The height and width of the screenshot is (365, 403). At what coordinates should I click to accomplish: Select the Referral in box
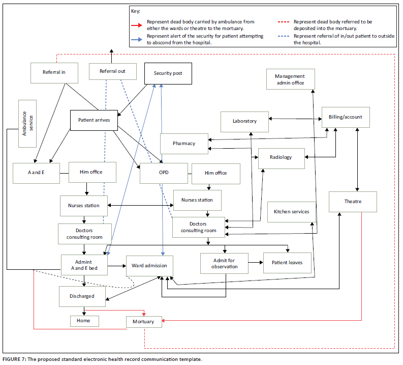pos(54,72)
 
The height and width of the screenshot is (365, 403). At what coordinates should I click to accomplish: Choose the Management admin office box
pos(290,79)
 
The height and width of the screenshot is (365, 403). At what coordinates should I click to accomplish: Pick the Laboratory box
pos(244,121)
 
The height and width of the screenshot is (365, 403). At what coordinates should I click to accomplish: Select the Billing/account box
pos(346,117)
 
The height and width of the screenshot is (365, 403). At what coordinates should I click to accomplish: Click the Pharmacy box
pos(183,144)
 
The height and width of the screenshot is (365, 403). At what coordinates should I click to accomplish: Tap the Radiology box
pos(281,157)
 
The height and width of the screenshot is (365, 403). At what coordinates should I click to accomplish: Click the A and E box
pos(36,172)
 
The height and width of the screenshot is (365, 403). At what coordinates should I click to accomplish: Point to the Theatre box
pos(352,202)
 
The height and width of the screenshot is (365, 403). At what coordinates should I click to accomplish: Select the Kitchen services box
pos(291,212)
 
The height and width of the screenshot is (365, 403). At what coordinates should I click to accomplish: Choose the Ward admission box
pos(149,266)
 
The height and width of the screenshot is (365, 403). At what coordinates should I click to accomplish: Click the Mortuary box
pos(144,322)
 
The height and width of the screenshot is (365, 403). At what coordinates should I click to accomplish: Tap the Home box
pos(84,321)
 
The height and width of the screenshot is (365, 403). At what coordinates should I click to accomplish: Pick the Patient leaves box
pos(287,263)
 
